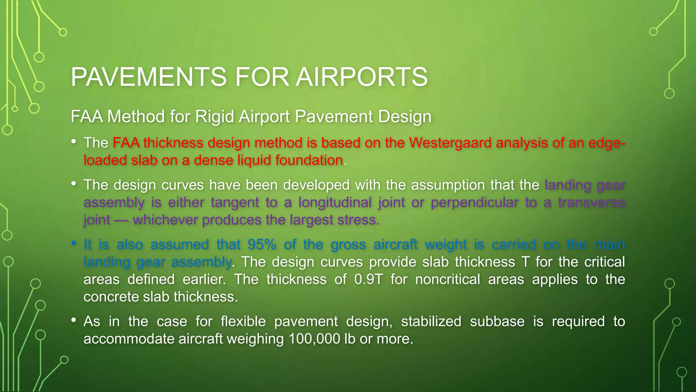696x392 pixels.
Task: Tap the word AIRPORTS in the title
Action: [x=362, y=77]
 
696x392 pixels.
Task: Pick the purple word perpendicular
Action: [x=474, y=202]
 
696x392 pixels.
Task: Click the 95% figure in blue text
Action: [x=262, y=245]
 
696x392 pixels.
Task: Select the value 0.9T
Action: [x=368, y=280]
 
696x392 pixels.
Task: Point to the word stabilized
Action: [x=431, y=322]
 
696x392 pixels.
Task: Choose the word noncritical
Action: [x=448, y=280]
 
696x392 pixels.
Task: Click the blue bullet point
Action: [x=74, y=244]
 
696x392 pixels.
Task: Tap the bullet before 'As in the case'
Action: [x=74, y=321]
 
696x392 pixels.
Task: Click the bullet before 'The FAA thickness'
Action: [x=74, y=142]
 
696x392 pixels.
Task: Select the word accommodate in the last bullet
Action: [x=129, y=339]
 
